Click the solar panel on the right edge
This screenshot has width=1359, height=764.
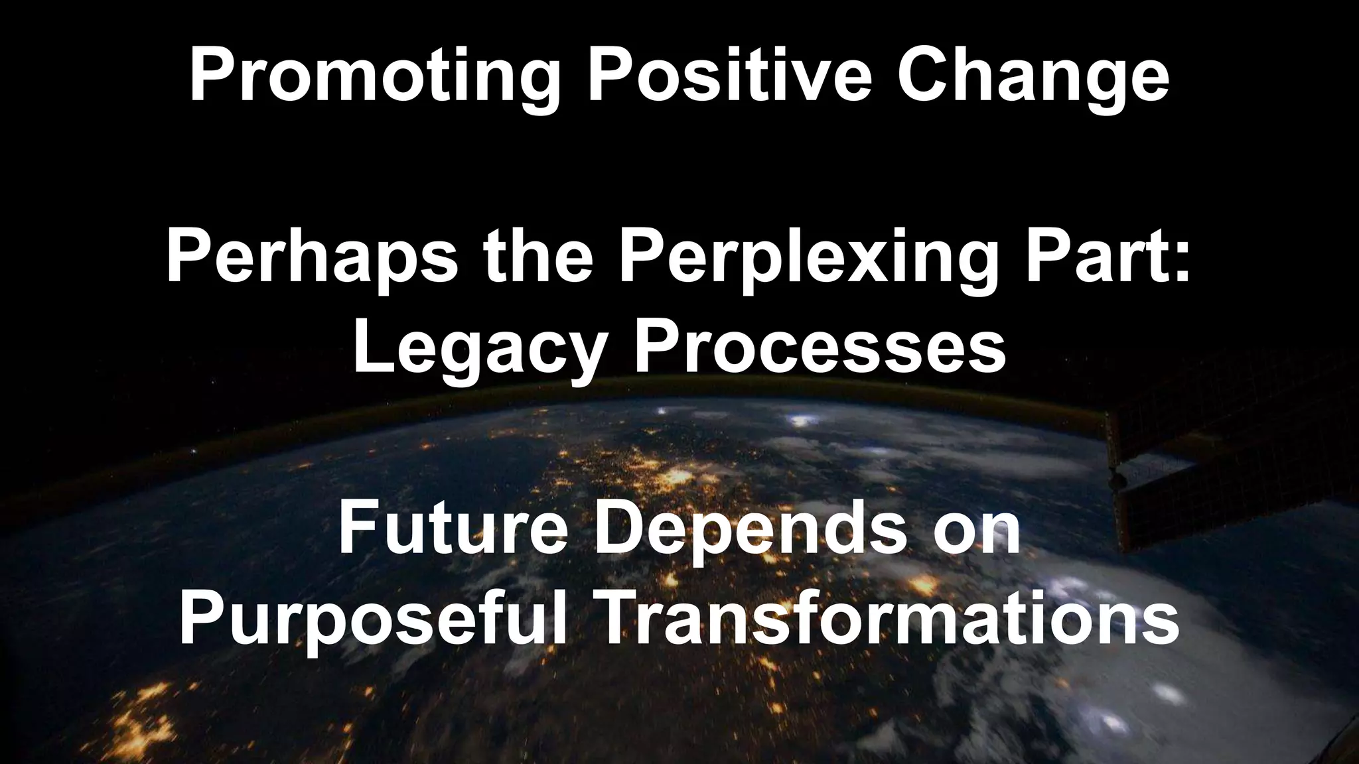pos(1228,458)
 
